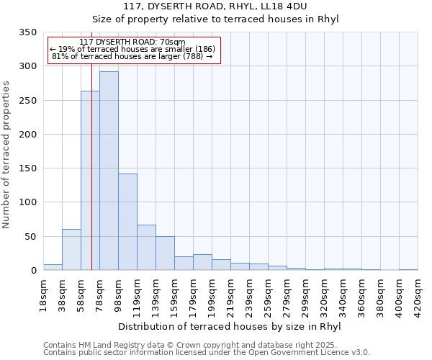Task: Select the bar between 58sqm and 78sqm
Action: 90,180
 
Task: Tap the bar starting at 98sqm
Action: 127,222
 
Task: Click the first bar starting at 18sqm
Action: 53,267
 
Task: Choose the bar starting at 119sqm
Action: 146,247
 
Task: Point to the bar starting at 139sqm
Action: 165,253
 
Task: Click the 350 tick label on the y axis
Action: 27,32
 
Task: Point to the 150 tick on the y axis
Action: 27,168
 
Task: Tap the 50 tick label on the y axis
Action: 30,237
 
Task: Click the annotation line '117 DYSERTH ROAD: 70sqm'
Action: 132,42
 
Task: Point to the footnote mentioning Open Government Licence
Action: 206,353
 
